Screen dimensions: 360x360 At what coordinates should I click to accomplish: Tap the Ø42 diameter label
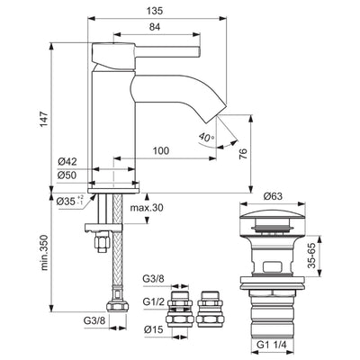(67, 160)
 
